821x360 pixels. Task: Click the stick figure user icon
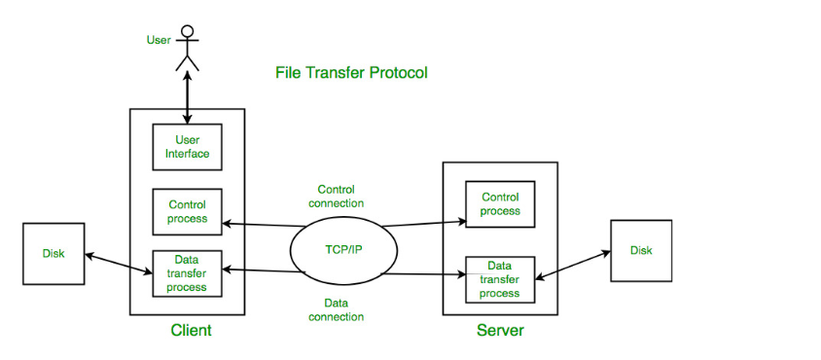tap(188, 48)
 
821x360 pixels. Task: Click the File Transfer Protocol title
tap(351, 73)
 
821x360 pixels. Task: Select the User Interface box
tap(187, 147)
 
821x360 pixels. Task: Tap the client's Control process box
tap(187, 212)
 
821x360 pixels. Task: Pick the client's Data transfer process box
tap(187, 273)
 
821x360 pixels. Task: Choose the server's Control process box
tap(500, 204)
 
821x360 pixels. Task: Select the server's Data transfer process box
tap(500, 279)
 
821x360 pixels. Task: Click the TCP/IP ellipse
tap(343, 250)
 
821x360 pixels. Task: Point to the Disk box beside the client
tap(54, 254)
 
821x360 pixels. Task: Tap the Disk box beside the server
tap(641, 250)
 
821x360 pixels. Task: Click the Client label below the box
tap(191, 331)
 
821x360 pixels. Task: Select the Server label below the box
tap(500, 331)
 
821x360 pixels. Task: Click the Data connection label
tap(337, 309)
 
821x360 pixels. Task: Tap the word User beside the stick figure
tap(159, 40)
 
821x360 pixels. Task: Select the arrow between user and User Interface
tap(187, 97)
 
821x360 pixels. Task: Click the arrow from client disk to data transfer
tap(119, 263)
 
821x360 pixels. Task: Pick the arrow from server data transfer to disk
tap(573, 264)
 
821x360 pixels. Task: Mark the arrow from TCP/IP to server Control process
tap(423, 224)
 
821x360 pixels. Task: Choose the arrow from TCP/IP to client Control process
tap(264, 225)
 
